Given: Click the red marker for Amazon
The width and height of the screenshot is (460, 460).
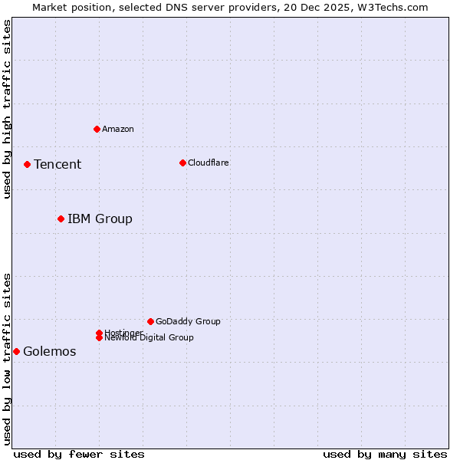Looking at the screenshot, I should click(x=97, y=129).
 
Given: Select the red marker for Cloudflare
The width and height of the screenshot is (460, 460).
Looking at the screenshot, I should click(x=182, y=163).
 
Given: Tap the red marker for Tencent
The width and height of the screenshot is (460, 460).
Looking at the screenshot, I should click(x=27, y=164).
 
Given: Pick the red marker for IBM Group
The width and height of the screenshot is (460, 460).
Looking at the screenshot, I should click(x=61, y=219).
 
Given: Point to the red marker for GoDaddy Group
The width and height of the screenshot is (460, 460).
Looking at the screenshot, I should click(x=150, y=321).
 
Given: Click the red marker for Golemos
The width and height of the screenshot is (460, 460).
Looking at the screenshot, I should click(x=16, y=351).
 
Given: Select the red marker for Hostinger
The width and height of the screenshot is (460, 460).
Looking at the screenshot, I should click(x=99, y=333).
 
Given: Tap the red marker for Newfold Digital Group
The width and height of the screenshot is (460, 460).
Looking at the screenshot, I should click(x=99, y=337).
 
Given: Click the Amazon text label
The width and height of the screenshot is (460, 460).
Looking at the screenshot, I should click(x=118, y=129).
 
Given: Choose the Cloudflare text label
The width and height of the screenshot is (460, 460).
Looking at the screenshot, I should click(x=209, y=163).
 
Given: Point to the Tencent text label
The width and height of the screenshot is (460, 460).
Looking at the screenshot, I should click(x=58, y=164).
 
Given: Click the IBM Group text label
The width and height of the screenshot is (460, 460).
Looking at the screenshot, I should click(x=100, y=219).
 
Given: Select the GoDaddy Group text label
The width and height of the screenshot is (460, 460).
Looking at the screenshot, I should click(x=188, y=321).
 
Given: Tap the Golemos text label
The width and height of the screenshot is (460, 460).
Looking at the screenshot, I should click(x=50, y=351).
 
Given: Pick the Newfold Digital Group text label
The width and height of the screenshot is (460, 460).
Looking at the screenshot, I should click(x=149, y=338).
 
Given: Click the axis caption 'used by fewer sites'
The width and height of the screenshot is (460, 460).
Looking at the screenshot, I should click(x=79, y=454).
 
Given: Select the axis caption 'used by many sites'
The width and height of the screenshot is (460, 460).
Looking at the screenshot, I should click(x=385, y=454).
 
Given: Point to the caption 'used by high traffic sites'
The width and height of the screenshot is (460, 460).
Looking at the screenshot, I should click(x=7, y=109).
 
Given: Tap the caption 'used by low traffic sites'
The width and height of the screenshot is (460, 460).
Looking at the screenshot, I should click(x=7, y=359).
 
